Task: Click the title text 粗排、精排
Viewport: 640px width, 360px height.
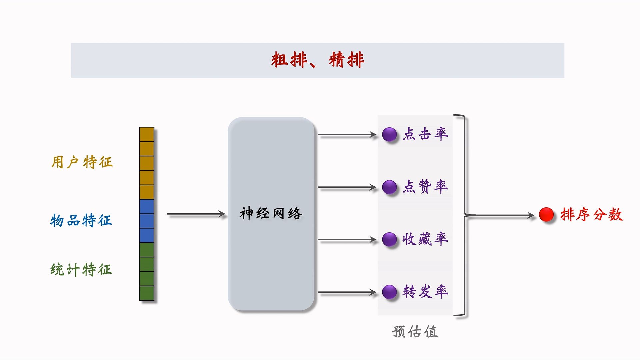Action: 317,60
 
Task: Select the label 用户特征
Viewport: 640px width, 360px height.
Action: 82,162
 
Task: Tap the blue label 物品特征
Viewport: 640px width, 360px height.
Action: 81,220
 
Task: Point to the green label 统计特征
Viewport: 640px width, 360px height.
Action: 81,269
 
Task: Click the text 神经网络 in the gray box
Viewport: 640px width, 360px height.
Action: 271,214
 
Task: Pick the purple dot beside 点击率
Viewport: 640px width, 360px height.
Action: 389,135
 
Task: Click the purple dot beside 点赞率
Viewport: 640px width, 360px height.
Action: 389,187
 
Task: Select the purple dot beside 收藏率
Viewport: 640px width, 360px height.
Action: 389,239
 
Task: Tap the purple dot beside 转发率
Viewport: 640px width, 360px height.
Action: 389,292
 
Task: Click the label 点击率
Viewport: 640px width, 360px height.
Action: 425,134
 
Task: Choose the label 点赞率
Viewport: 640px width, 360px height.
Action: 425,186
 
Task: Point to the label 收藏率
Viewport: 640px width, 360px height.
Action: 425,239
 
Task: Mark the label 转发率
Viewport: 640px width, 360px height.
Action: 425,292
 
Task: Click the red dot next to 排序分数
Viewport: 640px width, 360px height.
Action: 546,214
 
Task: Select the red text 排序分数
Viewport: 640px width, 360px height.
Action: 591,214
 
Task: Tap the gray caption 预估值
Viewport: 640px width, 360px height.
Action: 415,332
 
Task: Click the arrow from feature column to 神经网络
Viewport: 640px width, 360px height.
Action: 196,214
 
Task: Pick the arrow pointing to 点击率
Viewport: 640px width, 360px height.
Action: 347,135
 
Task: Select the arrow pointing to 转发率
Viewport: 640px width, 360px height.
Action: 347,292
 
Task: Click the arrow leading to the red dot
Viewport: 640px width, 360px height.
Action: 500,215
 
